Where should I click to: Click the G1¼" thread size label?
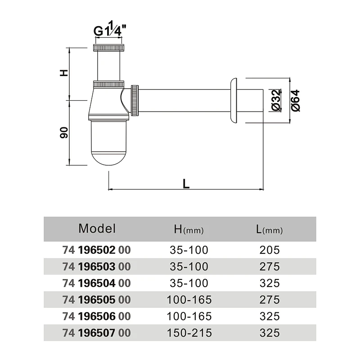tap(110, 29)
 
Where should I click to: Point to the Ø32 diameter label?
tap(276, 100)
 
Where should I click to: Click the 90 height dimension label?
tap(64, 132)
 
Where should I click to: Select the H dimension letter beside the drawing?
tap(64, 73)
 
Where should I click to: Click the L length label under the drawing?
tap(186, 184)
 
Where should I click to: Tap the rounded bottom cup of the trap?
tap(108, 143)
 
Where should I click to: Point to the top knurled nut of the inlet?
tap(109, 48)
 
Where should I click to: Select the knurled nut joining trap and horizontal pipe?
tap(135, 100)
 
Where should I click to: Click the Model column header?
tap(97, 229)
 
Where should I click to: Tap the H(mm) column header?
tap(189, 229)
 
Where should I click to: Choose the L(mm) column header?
tap(269, 229)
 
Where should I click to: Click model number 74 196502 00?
tap(96, 250)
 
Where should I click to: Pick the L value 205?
tap(270, 250)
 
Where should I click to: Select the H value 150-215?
tap(189, 333)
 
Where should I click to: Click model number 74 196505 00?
tap(96, 300)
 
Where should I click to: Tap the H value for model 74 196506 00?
tap(189, 316)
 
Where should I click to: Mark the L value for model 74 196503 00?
tap(270, 266)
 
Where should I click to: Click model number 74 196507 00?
tap(96, 333)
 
